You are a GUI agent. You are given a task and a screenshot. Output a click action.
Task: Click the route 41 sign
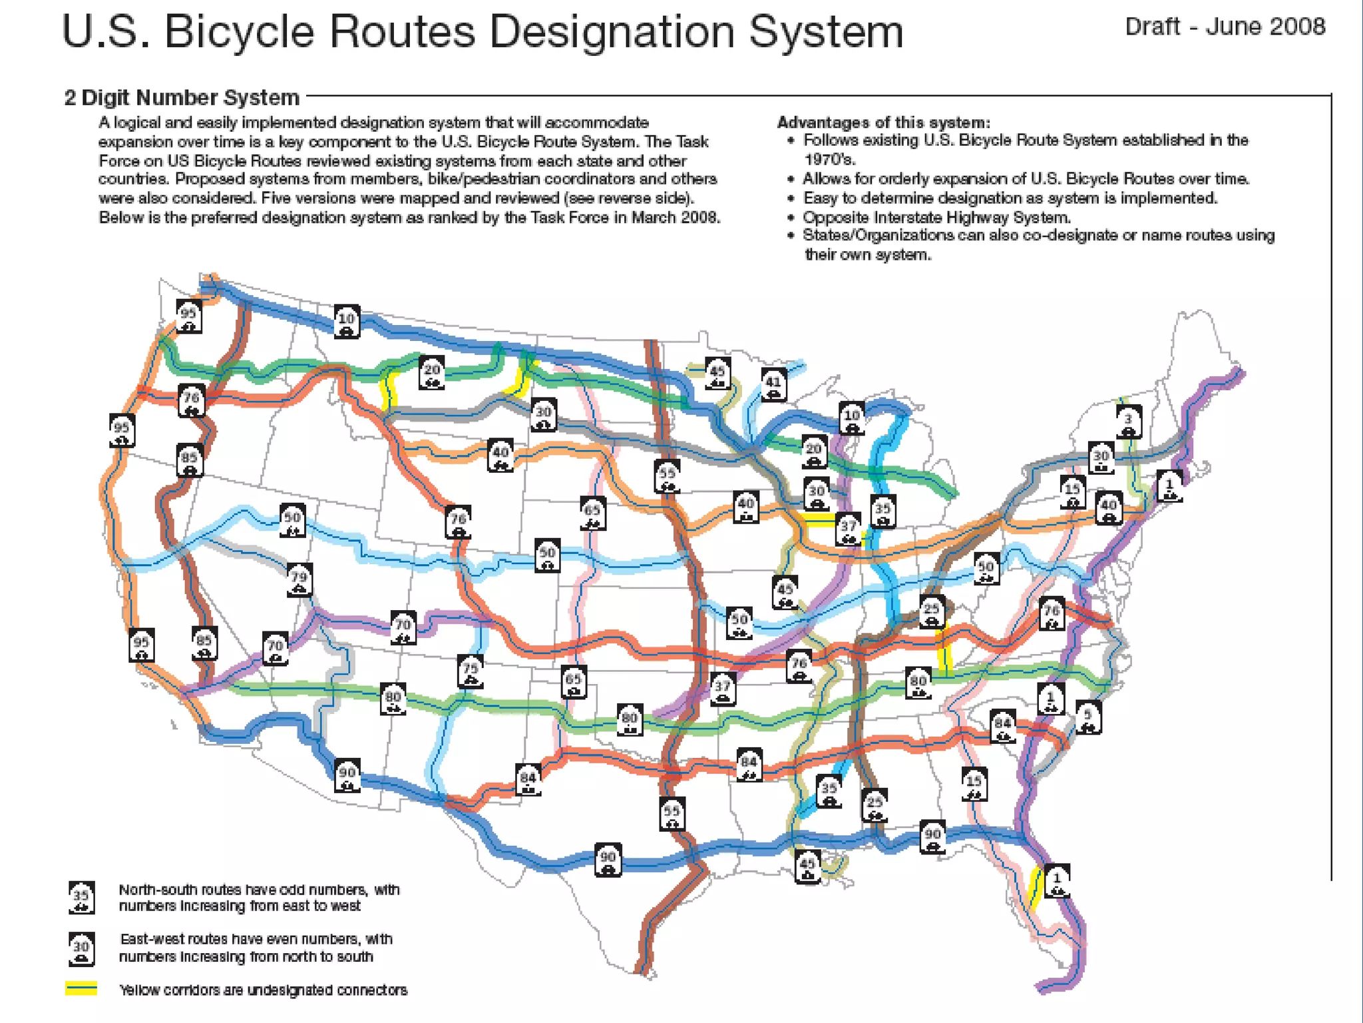(x=773, y=385)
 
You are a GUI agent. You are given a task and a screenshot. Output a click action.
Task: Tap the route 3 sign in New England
(x=1128, y=422)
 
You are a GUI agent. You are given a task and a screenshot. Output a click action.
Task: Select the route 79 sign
(x=299, y=580)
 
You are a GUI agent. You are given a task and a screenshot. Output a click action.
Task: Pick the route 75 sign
(x=471, y=671)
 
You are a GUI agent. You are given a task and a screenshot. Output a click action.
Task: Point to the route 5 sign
(x=1088, y=717)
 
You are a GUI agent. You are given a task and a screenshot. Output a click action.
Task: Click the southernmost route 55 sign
(x=672, y=814)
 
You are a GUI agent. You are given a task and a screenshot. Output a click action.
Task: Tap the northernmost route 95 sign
(x=189, y=316)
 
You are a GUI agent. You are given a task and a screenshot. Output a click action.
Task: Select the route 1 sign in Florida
(x=1057, y=881)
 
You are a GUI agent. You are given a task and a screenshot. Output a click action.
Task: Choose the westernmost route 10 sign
(x=347, y=321)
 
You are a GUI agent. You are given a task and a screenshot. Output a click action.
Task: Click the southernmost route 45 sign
(x=807, y=866)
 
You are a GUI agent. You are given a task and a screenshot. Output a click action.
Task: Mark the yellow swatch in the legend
(x=81, y=988)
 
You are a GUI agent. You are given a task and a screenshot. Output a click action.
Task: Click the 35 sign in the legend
(x=81, y=897)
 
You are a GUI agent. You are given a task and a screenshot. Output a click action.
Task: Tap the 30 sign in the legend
(x=81, y=948)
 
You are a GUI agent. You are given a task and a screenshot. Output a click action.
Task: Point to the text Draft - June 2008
(x=1225, y=27)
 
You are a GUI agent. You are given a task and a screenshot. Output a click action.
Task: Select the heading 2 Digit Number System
(x=182, y=98)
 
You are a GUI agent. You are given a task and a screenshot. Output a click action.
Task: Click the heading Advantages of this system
(x=883, y=123)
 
